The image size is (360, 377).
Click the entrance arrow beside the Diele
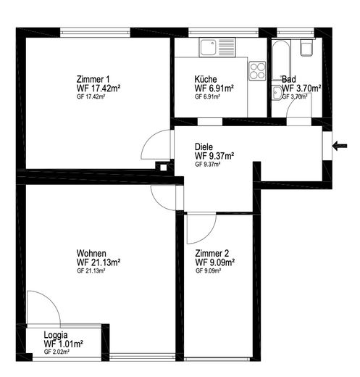[x=339, y=146]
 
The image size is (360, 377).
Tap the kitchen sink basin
[x=208, y=47]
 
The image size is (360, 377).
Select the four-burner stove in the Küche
[x=257, y=71]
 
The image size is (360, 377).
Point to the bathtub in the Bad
[x=281, y=60]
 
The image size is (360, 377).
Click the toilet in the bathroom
[x=307, y=48]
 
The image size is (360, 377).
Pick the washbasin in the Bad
[x=277, y=92]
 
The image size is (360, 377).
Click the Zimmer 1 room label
[x=93, y=79]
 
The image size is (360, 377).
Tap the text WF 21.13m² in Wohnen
[x=99, y=262]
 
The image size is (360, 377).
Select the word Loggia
[x=56, y=335]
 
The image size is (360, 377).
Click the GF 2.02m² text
[x=56, y=352]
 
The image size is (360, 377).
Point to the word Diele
[x=204, y=146]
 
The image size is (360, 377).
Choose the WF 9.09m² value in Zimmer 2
[x=215, y=262]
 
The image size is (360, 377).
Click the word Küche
[x=206, y=79]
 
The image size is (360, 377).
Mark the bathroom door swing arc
[x=293, y=101]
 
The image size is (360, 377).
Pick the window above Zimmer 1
[x=95, y=33]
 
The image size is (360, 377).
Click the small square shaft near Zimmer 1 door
[x=164, y=167]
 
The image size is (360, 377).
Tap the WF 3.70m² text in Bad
[x=301, y=88]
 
